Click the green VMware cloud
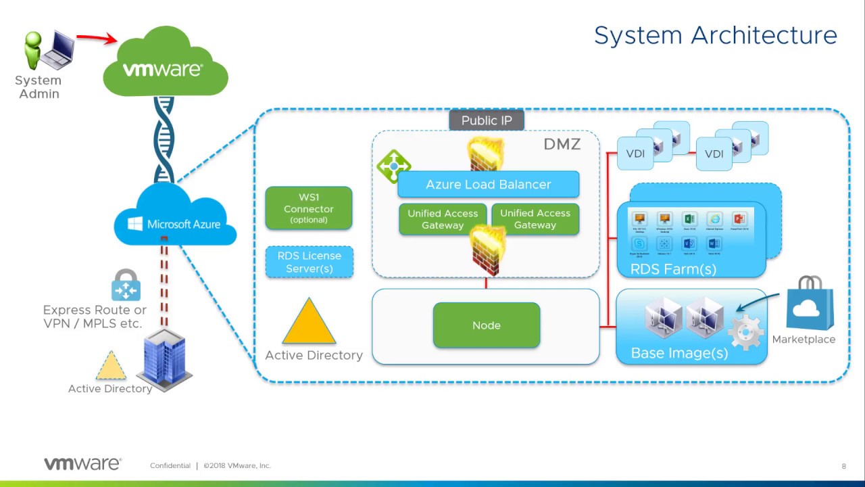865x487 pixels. click(166, 64)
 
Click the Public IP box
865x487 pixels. click(487, 120)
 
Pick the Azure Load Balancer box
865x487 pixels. click(488, 184)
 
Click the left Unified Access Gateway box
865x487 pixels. click(443, 219)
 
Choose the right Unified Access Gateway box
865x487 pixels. click(535, 219)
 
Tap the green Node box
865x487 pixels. click(487, 325)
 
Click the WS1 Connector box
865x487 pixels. click(309, 208)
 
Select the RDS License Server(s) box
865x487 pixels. click(310, 262)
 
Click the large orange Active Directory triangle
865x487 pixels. click(309, 323)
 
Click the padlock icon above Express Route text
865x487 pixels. click(126, 285)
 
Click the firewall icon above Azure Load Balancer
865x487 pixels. click(487, 154)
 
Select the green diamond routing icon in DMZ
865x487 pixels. click(393, 166)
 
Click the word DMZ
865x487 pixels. click(562, 144)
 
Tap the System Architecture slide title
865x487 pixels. click(715, 35)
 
